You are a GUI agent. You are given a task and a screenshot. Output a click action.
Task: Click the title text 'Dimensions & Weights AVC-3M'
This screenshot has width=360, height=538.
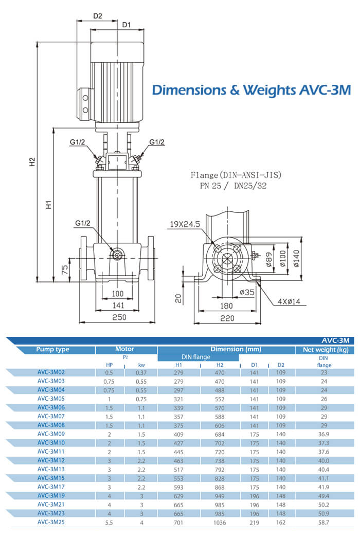pos(251,91)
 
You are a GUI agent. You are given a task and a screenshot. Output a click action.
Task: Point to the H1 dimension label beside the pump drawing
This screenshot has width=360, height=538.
pos(49,204)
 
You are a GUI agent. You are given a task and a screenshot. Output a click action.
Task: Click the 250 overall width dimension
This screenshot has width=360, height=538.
pos(119,317)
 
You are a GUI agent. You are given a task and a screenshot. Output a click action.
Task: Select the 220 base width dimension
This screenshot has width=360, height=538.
pos(227,318)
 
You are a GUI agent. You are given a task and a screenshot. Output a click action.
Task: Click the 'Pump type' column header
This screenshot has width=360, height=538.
pos(52,350)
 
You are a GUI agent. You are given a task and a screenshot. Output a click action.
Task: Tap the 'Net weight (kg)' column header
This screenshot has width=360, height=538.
pos(324,350)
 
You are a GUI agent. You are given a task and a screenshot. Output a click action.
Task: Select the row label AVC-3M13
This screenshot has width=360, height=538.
pos(51,469)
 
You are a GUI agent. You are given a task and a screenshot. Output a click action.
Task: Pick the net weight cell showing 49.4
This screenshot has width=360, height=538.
pos(324,496)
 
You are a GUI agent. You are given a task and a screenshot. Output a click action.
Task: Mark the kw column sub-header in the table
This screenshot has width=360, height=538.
pos(135,365)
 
